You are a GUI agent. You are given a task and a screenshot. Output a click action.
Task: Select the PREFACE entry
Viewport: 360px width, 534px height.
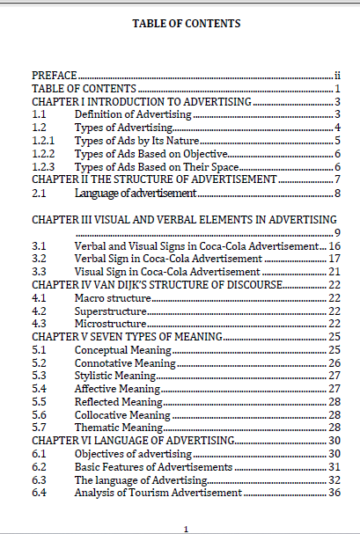(x=55, y=77)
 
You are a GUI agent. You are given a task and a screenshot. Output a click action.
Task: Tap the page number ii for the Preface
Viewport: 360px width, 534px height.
(x=337, y=77)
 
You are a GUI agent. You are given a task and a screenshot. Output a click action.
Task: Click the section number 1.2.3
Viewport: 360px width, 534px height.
(x=43, y=167)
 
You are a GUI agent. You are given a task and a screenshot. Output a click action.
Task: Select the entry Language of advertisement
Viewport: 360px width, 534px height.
(x=135, y=193)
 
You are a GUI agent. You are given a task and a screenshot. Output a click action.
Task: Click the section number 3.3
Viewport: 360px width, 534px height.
(x=39, y=272)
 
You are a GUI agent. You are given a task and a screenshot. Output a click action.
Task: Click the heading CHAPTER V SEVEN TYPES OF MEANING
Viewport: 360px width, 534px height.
(x=129, y=337)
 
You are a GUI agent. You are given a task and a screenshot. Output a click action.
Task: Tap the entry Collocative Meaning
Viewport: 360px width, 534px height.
(x=122, y=414)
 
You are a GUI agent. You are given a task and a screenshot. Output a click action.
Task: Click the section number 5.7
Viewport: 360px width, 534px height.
(x=39, y=428)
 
